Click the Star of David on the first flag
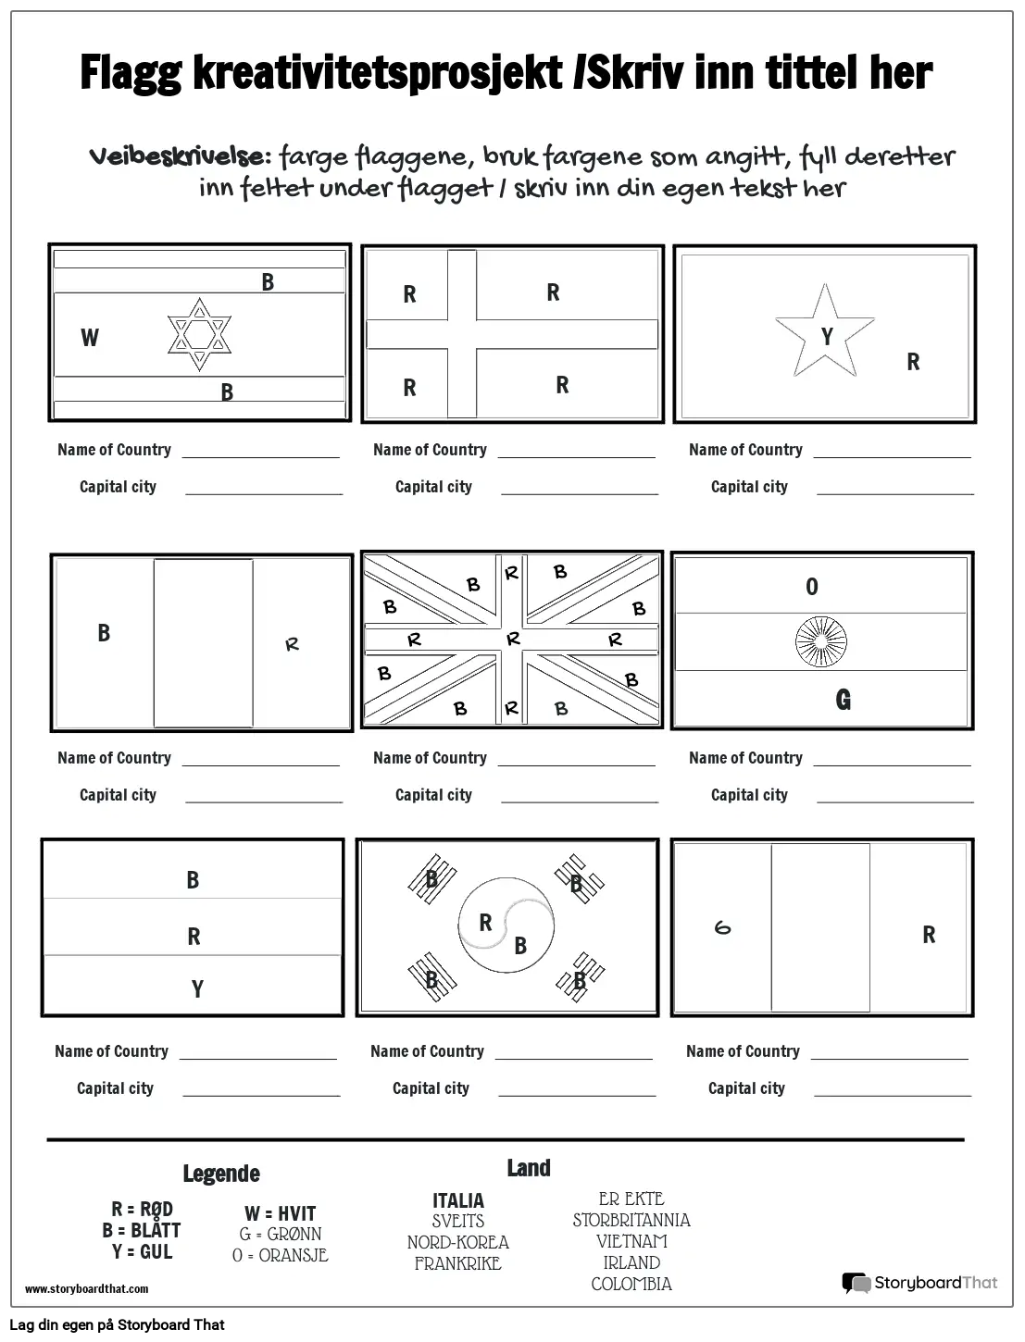tap(199, 335)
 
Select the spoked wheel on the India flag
tap(821, 642)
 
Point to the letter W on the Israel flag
tap(90, 338)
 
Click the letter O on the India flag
tap(812, 587)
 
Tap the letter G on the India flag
tap(843, 700)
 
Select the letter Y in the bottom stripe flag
tap(197, 989)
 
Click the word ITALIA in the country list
tap(458, 1200)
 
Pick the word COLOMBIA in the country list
tap(631, 1284)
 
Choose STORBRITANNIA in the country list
tap(631, 1220)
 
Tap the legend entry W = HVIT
tap(280, 1213)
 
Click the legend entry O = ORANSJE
tap(280, 1256)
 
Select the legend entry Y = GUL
tap(142, 1251)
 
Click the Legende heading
tap(220, 1174)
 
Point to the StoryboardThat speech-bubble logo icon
tap(856, 1283)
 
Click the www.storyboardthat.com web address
tap(86, 1288)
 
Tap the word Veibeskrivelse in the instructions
tap(180, 155)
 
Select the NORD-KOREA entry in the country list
tap(458, 1242)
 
